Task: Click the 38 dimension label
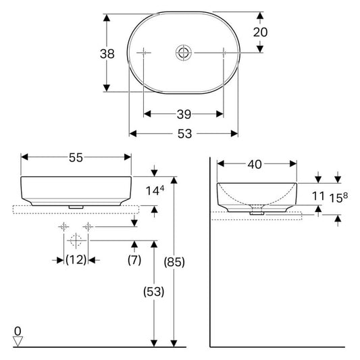coord(107,54)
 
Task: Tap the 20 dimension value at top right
coord(260,32)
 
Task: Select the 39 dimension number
coord(184,114)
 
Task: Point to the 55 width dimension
coord(76,157)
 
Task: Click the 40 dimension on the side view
coord(255,164)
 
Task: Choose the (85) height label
coord(174,262)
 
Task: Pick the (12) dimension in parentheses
coord(76,260)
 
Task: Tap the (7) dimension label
coord(134,260)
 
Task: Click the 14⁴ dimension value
coord(155,190)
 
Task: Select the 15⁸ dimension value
coord(338,198)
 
